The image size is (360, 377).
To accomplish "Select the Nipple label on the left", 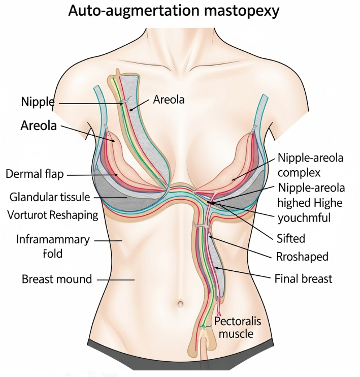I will click(38, 102).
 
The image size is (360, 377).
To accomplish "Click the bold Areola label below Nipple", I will click(39, 125).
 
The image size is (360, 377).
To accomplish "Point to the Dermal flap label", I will click(35, 174).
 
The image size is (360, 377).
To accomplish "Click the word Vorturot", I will click(28, 214).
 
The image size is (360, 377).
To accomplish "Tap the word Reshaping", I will click(74, 214).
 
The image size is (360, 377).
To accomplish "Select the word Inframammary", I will click(53, 239).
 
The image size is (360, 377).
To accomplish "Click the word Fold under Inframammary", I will click(53, 253).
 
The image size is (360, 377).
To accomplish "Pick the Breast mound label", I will click(57, 279).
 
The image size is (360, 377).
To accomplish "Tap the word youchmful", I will click(305, 218).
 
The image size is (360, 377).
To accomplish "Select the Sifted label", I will click(291, 238).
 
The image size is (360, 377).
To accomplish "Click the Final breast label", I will click(303, 278).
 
